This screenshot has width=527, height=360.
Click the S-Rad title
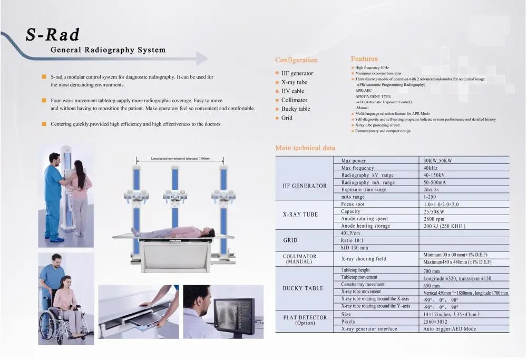(53, 34)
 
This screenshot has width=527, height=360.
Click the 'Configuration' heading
(296, 60)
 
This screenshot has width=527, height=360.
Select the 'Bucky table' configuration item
(296, 109)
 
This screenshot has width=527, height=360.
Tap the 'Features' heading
(364, 59)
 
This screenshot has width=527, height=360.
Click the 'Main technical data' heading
(305, 148)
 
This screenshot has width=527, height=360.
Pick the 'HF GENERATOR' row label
(305, 186)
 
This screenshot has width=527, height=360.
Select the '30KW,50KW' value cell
(437, 161)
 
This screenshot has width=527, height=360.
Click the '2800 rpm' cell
(434, 219)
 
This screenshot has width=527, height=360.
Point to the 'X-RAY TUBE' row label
(300, 215)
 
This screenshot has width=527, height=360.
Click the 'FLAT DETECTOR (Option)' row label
(305, 319)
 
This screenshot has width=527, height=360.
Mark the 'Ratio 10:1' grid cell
(354, 240)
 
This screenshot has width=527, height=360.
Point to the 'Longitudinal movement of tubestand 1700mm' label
(180, 158)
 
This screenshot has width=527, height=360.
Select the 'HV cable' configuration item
(292, 91)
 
